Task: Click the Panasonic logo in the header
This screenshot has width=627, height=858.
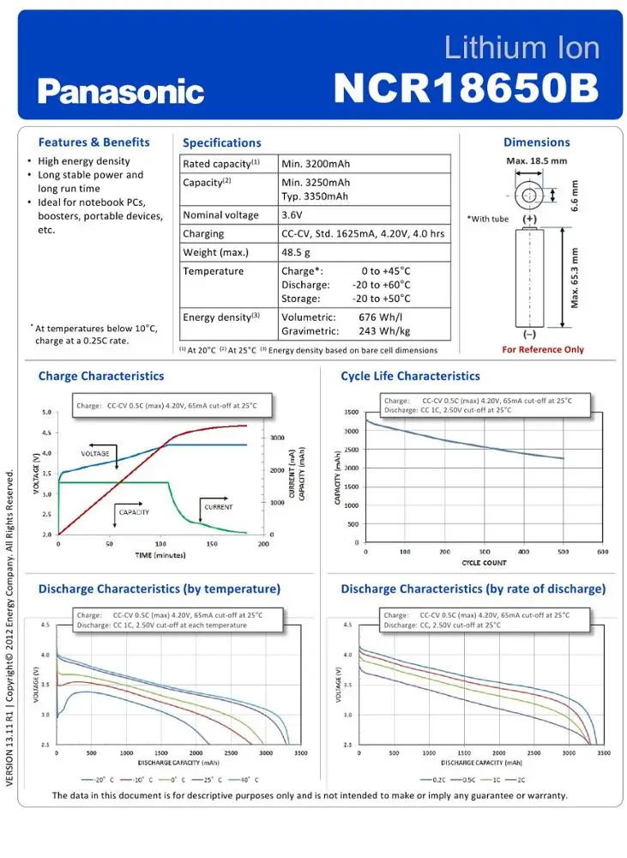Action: [x=121, y=92]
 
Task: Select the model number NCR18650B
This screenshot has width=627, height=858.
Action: [x=465, y=88]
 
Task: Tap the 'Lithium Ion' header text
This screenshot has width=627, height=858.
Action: [x=521, y=48]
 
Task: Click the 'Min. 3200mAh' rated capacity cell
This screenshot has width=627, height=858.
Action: [x=316, y=164]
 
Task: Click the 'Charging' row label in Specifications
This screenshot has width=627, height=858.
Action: [x=203, y=233]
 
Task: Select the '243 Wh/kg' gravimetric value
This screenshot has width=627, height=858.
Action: [x=384, y=331]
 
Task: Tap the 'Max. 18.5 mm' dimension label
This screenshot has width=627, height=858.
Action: [x=536, y=161]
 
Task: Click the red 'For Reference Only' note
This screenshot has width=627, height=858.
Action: [x=543, y=349]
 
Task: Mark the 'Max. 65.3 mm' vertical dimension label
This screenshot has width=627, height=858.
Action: [x=575, y=278]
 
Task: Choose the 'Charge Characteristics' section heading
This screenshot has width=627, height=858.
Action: [x=101, y=376]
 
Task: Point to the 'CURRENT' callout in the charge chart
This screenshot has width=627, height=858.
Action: [x=218, y=507]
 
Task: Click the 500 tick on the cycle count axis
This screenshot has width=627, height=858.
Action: [x=563, y=552]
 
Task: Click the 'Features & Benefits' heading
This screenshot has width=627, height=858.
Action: [x=93, y=142]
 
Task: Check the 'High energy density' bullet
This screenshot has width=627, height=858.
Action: [x=84, y=161]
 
